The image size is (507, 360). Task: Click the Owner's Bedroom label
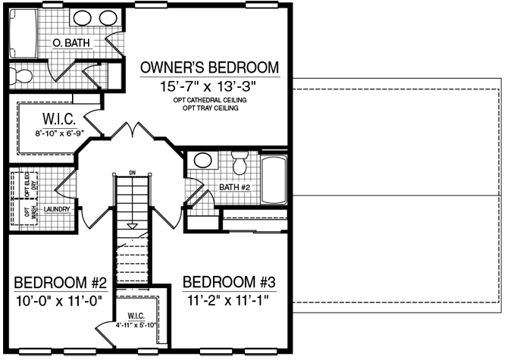tap(209, 67)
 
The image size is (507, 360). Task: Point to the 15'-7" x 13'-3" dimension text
tap(208, 86)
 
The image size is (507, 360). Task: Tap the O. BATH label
tap(71, 43)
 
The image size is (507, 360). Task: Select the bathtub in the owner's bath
tap(23, 33)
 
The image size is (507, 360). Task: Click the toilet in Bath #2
tap(239, 163)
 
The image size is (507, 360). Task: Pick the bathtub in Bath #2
tap(274, 180)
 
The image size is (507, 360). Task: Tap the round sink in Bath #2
tap(202, 160)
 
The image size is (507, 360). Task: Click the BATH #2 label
tap(235, 187)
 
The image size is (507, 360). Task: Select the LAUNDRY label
tap(57, 209)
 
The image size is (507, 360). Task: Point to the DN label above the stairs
tap(133, 173)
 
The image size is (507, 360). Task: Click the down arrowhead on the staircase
tap(132, 226)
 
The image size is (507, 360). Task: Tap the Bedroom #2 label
tap(60, 283)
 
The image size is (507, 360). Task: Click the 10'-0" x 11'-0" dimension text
tap(59, 301)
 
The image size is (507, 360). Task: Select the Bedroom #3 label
tap(229, 282)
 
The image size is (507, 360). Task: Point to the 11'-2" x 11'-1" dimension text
tap(228, 301)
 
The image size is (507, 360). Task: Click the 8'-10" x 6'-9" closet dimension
tap(60, 133)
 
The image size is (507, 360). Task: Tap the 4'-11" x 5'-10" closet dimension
tap(136, 325)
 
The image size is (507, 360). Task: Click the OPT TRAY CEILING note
tap(211, 108)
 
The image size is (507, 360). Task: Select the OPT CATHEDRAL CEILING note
tap(210, 100)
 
